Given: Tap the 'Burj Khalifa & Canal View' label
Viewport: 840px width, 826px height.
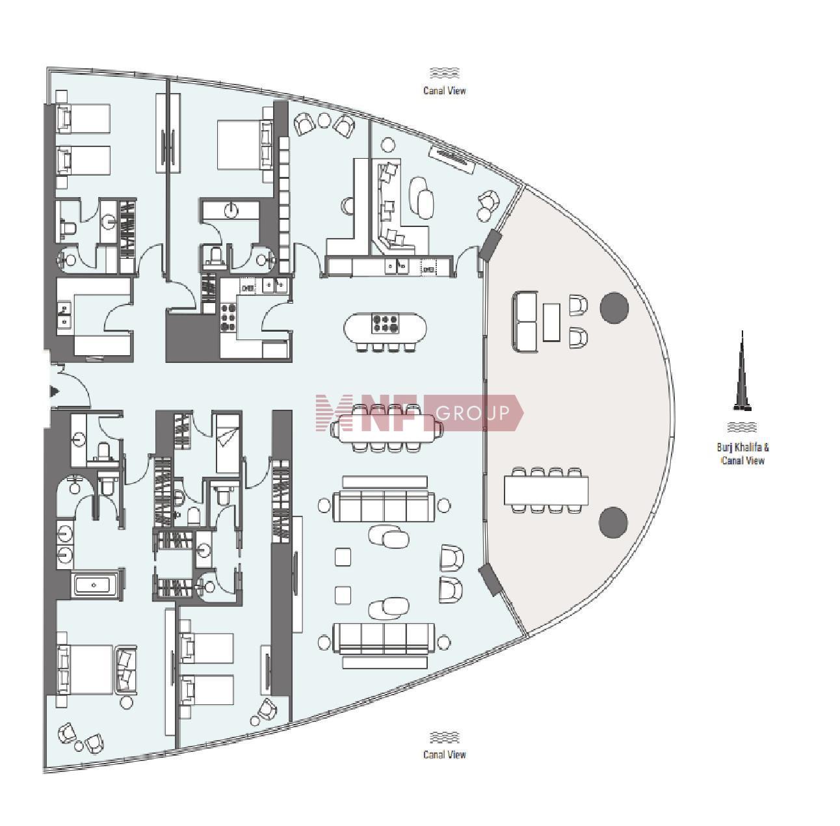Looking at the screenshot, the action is pos(742,453).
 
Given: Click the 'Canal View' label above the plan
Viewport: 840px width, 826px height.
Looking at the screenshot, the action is pos(444,90).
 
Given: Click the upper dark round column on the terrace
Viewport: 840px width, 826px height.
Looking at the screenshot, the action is pos(614,308).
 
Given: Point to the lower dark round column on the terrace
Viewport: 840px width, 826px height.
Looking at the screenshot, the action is pos(613,522).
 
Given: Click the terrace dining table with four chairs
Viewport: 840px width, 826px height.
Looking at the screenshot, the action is pos(545,490).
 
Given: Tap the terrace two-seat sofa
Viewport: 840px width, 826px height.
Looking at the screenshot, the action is pos(525,322).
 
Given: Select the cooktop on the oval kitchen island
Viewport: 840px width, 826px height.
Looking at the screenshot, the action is pos(385,324).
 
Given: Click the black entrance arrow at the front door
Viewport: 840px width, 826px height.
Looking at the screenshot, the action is pos(55,391).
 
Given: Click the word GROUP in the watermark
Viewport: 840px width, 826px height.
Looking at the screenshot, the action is pos(473,412).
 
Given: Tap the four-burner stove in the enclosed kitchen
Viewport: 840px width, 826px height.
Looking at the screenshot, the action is pos(228,317).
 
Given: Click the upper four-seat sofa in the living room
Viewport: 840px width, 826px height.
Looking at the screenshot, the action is pos(384,505).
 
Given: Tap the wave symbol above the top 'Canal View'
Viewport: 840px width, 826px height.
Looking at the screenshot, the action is pos(444,73).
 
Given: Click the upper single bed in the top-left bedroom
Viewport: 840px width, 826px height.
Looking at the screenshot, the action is pos(83,118).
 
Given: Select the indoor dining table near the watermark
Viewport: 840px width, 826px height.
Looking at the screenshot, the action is pos(385,428).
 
